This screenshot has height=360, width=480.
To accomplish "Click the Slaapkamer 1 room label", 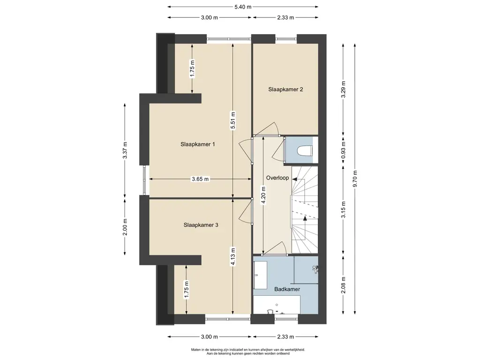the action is (x=197, y=144).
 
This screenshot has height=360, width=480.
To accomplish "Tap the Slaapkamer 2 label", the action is (x=285, y=90).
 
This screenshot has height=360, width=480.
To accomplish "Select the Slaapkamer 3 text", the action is (x=201, y=225).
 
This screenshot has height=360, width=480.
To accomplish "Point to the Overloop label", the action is (x=277, y=178).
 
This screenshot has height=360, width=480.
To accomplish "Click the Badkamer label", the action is (x=287, y=289).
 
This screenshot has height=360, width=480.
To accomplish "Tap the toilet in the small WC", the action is (x=305, y=150).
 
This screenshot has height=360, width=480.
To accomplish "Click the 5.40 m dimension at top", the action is (x=243, y=7).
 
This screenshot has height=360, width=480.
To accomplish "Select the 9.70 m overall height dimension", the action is (x=355, y=179).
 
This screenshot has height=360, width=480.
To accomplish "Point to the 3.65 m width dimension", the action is (x=200, y=179).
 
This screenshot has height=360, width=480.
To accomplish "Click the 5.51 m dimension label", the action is (x=233, y=120).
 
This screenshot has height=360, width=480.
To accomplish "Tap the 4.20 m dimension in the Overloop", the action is (x=263, y=195).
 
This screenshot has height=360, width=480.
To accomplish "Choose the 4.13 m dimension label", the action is (x=233, y=256).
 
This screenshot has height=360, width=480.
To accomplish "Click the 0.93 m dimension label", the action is (x=343, y=150).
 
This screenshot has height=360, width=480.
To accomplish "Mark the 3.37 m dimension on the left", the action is (x=125, y=150).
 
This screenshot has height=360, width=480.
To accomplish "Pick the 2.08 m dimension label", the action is (x=343, y=285).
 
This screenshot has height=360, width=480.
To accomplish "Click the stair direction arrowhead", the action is (x=305, y=218).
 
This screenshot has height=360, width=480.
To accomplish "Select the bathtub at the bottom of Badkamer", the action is (x=277, y=305).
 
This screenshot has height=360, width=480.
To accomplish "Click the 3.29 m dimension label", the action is (x=343, y=90).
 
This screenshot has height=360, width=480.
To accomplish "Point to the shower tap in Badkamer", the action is (x=315, y=269).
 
